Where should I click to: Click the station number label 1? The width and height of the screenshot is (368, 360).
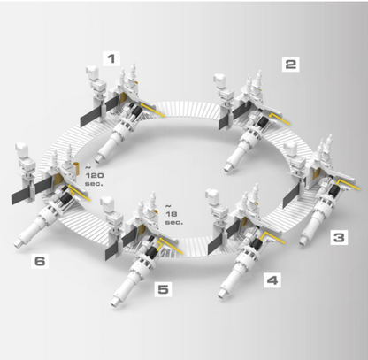point(111,58)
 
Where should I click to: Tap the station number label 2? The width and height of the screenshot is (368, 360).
point(290,64)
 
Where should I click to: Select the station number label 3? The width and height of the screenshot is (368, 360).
point(339,237)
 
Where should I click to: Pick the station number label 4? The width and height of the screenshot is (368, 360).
point(272,280)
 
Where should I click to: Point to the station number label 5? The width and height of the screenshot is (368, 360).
point(164,289)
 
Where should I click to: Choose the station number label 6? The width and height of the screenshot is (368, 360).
point(40,261)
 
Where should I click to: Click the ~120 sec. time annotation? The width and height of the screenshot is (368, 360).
point(95,176)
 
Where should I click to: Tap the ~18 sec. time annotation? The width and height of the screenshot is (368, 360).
point(174,214)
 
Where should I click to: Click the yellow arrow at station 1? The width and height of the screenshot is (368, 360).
point(152,110)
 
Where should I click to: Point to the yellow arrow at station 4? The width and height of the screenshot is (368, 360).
point(272,237)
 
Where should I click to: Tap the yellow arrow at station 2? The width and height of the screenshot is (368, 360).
point(280,118)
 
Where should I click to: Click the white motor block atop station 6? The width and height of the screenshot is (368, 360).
point(20,149)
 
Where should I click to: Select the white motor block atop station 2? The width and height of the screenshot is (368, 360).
point(220,80)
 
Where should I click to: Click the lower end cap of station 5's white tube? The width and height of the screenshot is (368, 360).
point(116,302)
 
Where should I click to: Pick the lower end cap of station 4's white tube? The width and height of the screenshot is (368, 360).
point(223,293)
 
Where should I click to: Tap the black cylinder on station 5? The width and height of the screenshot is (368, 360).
point(152,252)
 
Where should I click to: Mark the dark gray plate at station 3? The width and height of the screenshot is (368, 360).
point(293,195)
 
